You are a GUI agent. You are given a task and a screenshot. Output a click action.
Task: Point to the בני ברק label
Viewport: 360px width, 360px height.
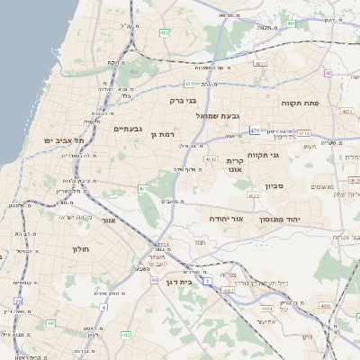click(x=184, y=101)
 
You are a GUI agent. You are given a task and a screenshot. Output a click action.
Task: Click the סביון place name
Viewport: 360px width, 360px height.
click(x=275, y=186)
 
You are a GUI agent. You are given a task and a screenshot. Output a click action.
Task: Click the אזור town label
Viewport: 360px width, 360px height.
click(x=109, y=219)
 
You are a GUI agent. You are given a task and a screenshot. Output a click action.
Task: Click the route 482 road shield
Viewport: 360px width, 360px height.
click(x=165, y=32)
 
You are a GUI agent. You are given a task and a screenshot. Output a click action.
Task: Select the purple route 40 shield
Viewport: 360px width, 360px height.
click(x=328, y=73)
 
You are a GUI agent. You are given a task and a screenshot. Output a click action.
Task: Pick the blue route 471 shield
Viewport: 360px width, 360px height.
click(x=255, y=130)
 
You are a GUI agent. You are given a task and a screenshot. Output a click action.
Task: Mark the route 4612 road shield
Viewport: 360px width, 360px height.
click(x=211, y=159)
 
